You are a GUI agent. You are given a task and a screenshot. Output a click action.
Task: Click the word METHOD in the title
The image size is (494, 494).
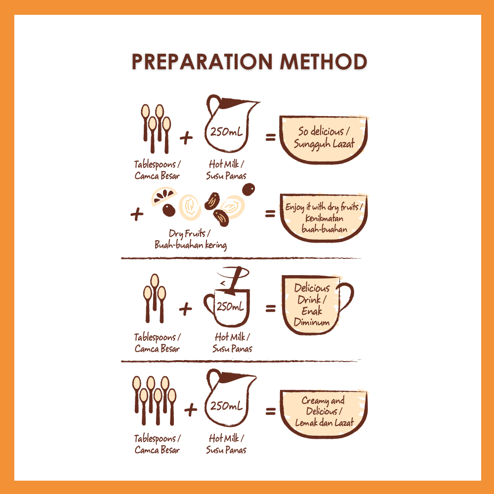(x=324, y=61)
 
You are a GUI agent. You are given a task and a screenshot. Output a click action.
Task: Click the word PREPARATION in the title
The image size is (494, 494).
(x=202, y=61)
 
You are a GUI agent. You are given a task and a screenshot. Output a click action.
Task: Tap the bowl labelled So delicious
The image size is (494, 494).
(x=324, y=140)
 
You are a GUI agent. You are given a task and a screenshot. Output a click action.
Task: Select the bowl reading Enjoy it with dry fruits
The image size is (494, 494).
(x=324, y=218)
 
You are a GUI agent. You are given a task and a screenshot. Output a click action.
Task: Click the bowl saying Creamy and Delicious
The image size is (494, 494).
(x=324, y=413)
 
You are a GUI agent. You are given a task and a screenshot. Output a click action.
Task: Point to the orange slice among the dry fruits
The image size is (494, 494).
(x=164, y=196)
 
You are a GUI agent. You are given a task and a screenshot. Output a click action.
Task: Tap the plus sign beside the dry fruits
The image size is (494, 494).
(x=137, y=214)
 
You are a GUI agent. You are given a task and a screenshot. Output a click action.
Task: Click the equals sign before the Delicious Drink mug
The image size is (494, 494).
(x=270, y=308)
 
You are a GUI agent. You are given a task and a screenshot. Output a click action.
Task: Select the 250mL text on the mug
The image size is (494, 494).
(x=230, y=306)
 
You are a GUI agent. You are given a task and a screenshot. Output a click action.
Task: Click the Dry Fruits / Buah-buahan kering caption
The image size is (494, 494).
(x=190, y=239)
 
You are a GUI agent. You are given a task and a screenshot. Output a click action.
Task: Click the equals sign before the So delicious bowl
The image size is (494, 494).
(x=270, y=137)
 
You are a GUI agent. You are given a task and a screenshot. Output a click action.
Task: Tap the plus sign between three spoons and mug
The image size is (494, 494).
(x=185, y=309)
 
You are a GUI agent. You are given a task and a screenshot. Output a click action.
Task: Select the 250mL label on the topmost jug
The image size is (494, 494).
(x=227, y=131)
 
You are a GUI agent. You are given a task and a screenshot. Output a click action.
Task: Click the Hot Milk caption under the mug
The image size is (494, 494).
(x=232, y=343)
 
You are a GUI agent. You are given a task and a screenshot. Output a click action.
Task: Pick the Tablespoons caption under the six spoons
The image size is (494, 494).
(x=157, y=444)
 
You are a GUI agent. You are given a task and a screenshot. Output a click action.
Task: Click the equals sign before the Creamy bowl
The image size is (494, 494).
(x=270, y=411)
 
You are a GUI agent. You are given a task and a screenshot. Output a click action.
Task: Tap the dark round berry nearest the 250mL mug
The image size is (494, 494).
(x=248, y=189)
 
